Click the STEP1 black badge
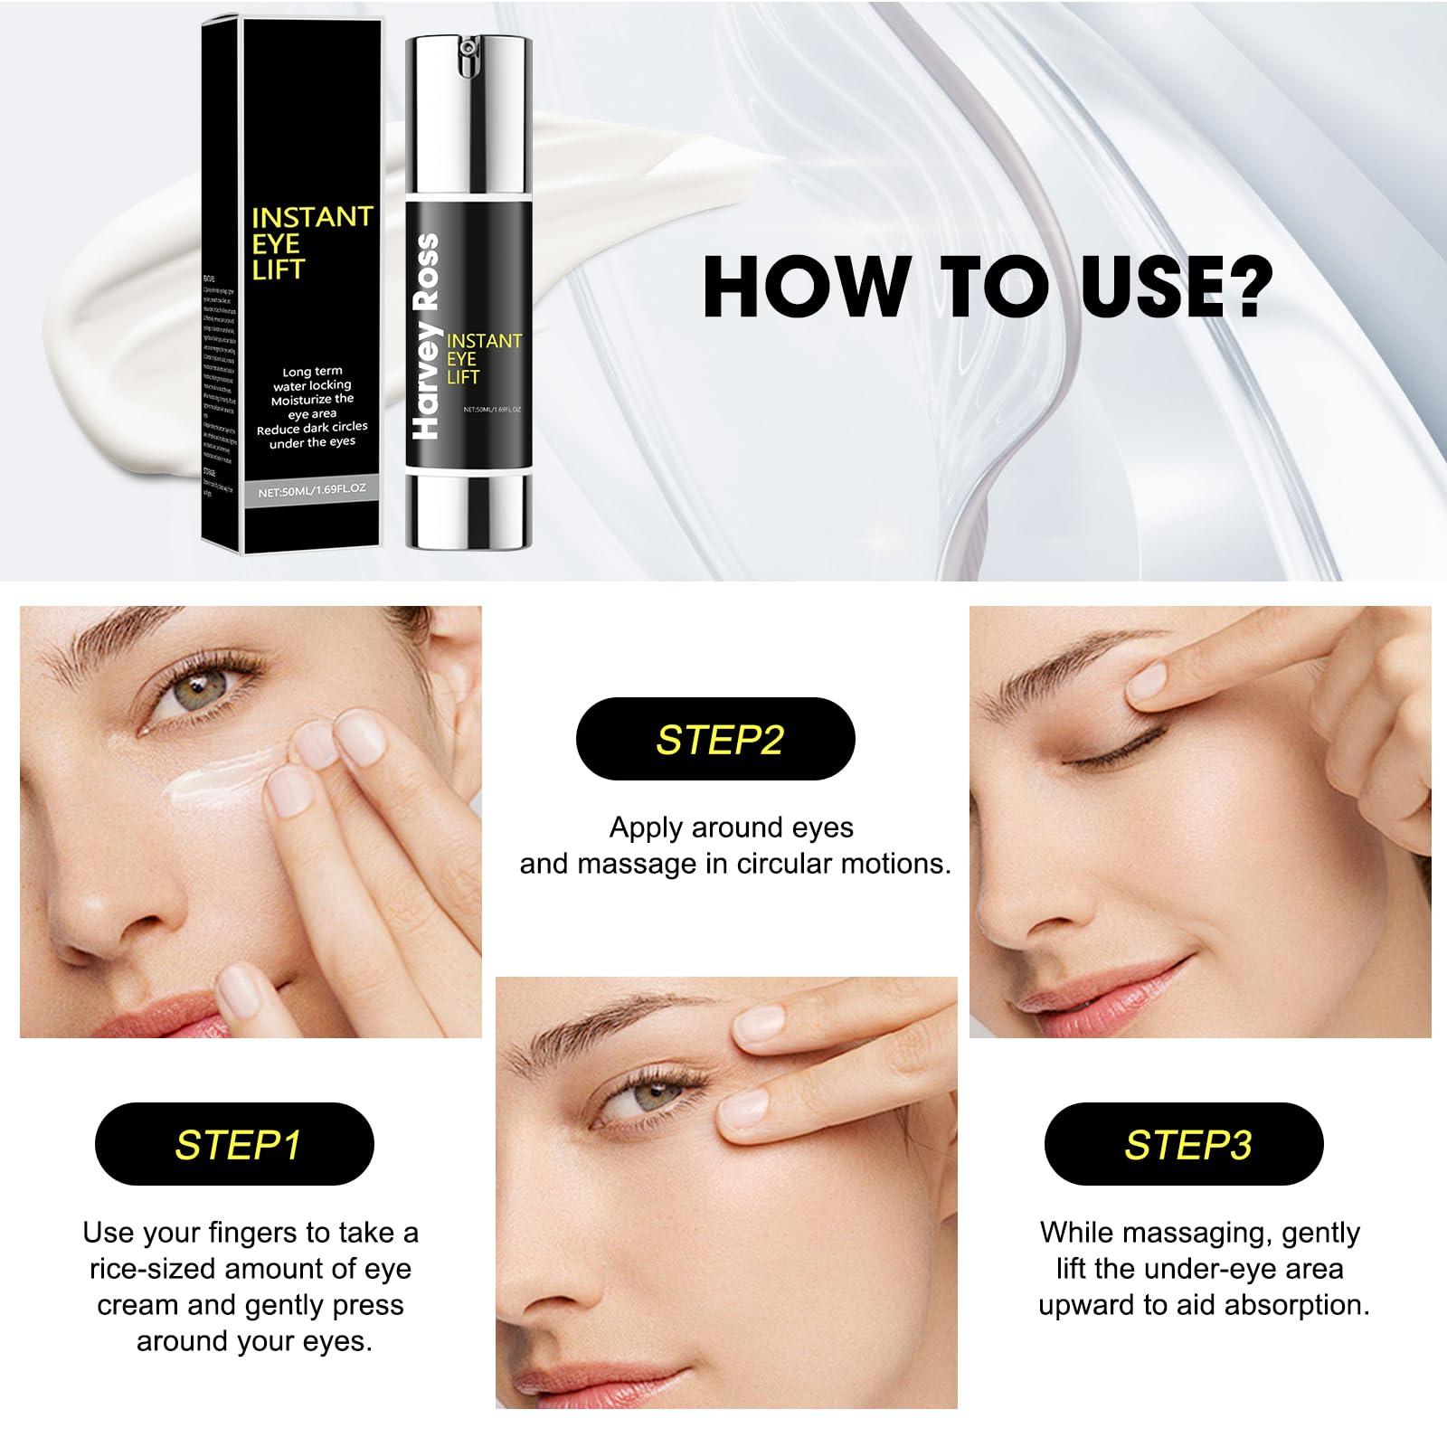point(234,1145)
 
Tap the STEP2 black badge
point(715,739)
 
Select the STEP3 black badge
point(1184,1145)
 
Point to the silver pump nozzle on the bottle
point(467,54)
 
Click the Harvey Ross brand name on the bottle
point(425,336)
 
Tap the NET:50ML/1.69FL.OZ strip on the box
point(311,493)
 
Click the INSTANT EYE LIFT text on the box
point(310,242)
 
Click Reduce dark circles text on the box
point(312,428)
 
